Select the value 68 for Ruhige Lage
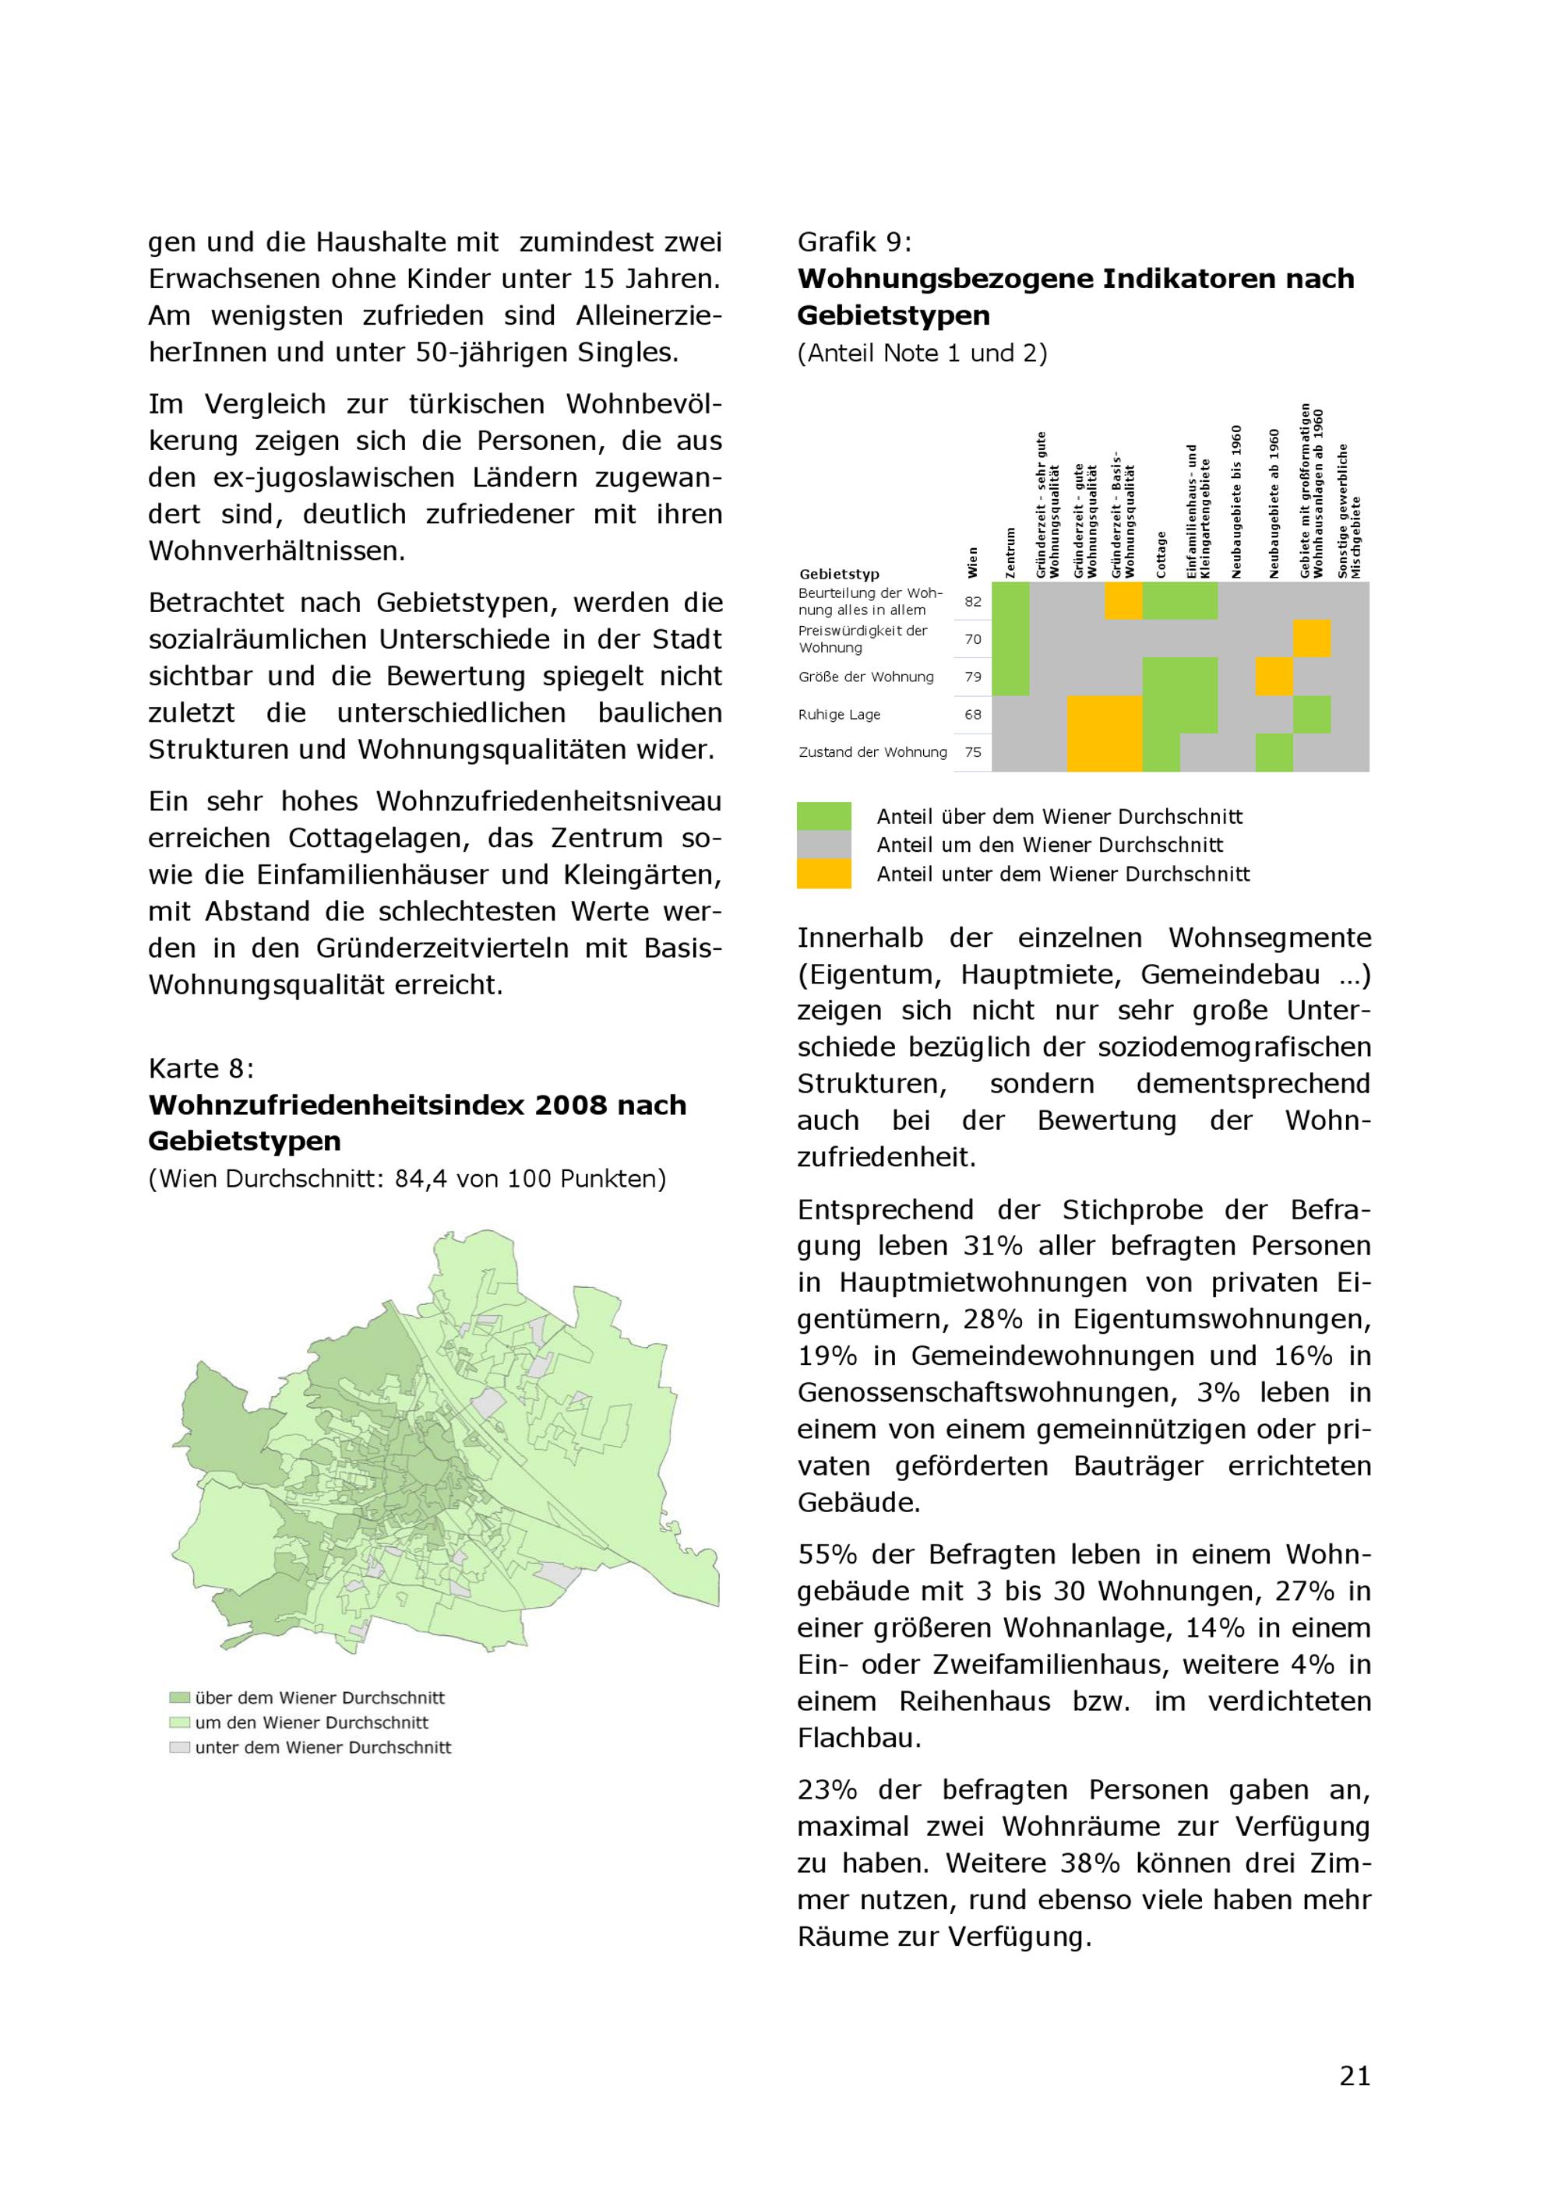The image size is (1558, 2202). [973, 715]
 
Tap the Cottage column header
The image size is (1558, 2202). [1161, 554]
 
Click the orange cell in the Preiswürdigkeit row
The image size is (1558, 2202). [1311, 638]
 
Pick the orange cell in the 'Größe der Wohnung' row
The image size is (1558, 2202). [1274, 676]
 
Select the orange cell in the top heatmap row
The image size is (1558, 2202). [1123, 601]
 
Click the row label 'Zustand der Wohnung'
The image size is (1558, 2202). [872, 752]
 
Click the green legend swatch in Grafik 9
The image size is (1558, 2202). [823, 816]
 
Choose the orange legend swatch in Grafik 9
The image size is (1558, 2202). [823, 874]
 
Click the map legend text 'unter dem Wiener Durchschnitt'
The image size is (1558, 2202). [323, 1747]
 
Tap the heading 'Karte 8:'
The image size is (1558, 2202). [202, 1068]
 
